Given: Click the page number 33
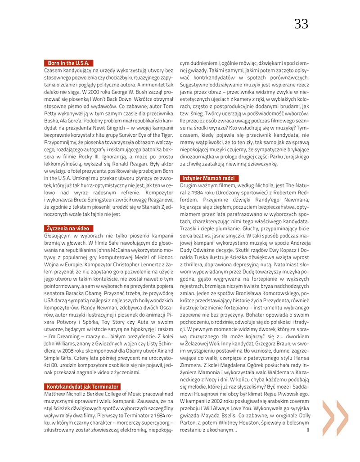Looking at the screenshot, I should point(301,24).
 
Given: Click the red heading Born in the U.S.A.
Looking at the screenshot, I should point(69,63).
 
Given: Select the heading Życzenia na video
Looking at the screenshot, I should point(67,228).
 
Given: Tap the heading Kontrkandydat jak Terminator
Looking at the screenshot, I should point(82,386).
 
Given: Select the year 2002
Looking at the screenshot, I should point(223,408).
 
